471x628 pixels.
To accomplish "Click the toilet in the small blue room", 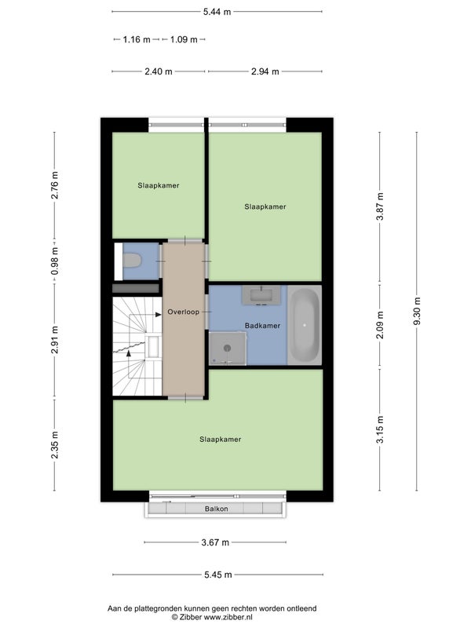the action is pos(132,261).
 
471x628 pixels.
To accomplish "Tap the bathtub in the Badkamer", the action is pos(305,325).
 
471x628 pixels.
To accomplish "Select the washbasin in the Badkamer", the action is pos(261,296).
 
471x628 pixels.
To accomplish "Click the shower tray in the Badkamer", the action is pos(228,348).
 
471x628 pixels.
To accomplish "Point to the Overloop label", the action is pos(184,312).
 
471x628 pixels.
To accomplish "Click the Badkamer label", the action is pos(262,326).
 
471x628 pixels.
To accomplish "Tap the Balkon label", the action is pos(217,509).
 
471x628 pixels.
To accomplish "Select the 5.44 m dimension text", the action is pos(217,12).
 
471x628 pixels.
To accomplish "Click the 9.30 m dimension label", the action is pos(417,312).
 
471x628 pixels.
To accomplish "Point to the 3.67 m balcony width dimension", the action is pos(215,542).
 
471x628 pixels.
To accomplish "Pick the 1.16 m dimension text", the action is pos(137,39).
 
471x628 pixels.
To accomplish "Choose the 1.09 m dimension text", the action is pos(184,39).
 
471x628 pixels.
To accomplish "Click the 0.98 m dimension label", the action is pos(54,261).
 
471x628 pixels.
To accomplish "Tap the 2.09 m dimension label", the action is pos(380,325).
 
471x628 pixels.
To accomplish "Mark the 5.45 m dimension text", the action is pos(218,575).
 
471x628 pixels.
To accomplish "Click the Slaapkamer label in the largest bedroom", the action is pos(221,440).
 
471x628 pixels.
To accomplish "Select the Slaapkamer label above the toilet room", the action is pos(159,185).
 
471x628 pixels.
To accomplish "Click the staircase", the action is pos(137,346).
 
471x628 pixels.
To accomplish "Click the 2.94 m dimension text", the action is pos(265,71).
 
